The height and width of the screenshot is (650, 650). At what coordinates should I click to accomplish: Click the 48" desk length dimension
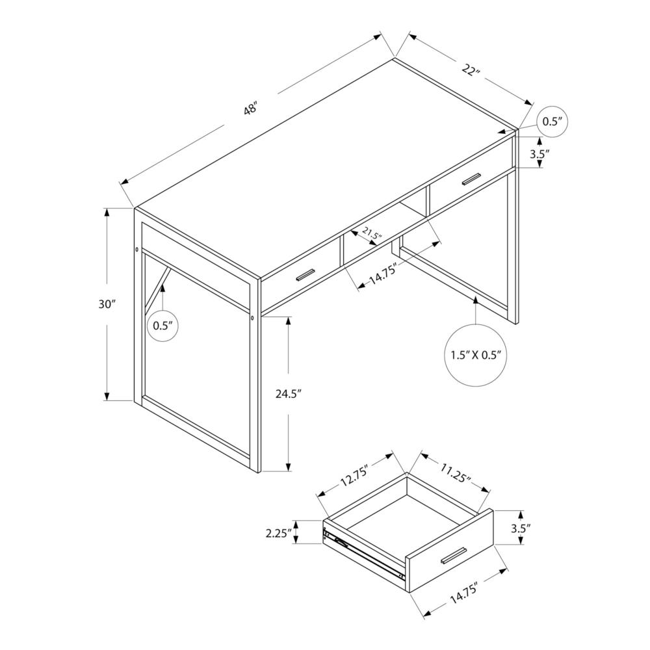point(252,109)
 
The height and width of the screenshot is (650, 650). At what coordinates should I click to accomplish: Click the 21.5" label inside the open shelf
point(372,233)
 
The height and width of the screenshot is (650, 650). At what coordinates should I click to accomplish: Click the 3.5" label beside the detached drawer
point(521,528)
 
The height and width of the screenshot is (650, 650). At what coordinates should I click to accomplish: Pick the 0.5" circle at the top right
point(551,122)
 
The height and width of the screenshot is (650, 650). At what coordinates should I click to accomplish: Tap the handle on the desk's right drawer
point(471,179)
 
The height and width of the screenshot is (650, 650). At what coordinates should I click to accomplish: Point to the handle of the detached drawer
point(453,556)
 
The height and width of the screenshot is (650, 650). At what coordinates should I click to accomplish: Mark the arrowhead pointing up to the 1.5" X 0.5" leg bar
point(476,300)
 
